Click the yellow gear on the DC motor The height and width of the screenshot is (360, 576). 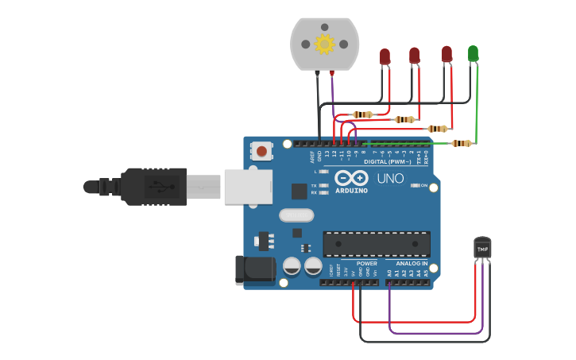pyautogui.click(x=324, y=44)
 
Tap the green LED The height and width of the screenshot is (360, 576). pyautogui.click(x=474, y=53)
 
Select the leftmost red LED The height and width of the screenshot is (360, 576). pyautogui.click(x=385, y=56)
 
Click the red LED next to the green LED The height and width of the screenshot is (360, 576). pyautogui.click(x=446, y=54)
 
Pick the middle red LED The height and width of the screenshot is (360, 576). pyautogui.click(x=414, y=55)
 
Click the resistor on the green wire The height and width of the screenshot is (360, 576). pyautogui.click(x=461, y=143)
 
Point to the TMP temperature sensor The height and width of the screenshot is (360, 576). pyautogui.click(x=482, y=248)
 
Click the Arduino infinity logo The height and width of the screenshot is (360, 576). pyautogui.click(x=350, y=178)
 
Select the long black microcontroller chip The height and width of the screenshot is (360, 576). pyautogui.click(x=377, y=244)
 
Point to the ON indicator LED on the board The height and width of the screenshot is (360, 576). pyautogui.click(x=415, y=185)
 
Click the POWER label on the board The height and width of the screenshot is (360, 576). pyautogui.click(x=366, y=263)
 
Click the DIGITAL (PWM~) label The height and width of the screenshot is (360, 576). pyautogui.click(x=387, y=161)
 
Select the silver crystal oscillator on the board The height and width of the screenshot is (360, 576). pyautogui.click(x=296, y=215)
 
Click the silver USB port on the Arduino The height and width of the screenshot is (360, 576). pyautogui.click(x=248, y=187)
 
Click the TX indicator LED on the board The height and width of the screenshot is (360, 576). pyautogui.click(x=323, y=185)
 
